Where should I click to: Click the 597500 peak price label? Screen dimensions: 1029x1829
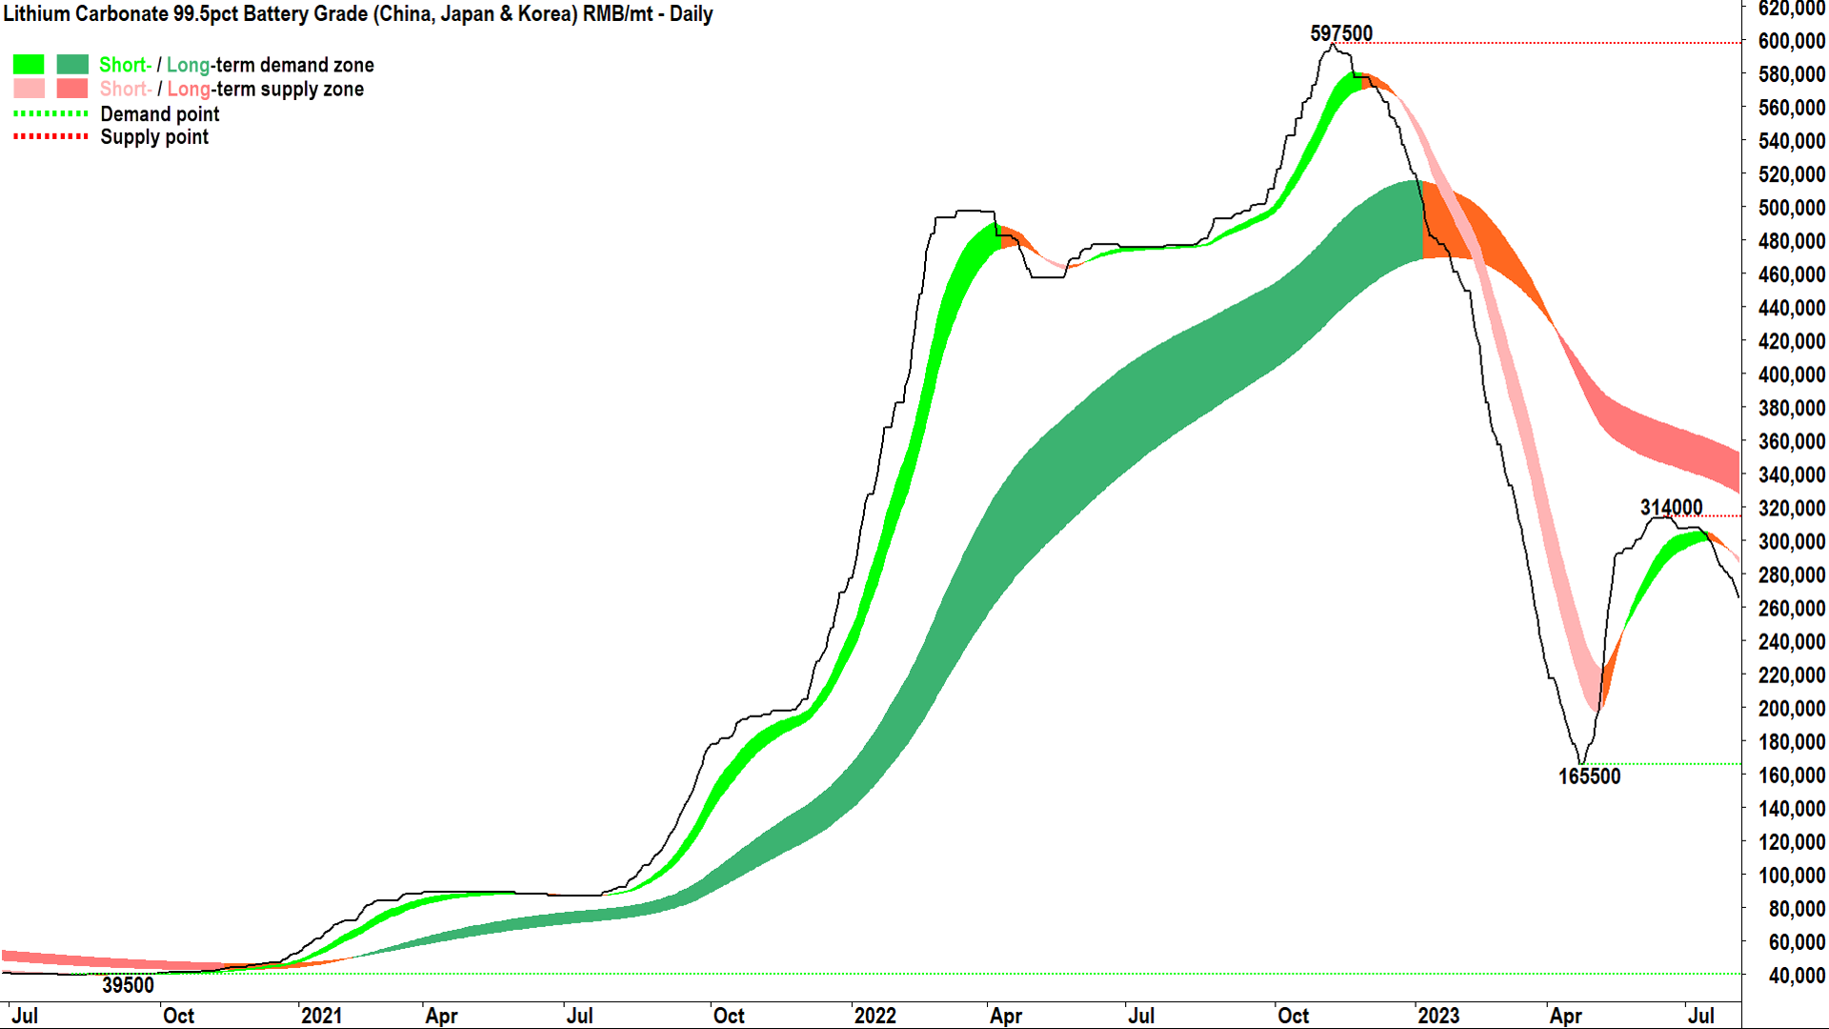[1340, 33]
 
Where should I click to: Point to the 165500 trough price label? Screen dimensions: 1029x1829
[1588, 777]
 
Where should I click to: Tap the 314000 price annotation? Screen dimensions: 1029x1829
[1671, 507]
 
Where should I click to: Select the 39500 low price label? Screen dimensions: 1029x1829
[128, 985]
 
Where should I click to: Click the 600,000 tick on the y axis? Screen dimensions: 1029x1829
[1791, 41]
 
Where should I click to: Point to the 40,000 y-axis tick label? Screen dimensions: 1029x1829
[1796, 975]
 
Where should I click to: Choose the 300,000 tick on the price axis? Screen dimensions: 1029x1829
[1791, 541]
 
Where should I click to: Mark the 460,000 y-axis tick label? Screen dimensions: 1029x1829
[1791, 274]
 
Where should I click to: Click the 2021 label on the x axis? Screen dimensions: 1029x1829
[321, 1016]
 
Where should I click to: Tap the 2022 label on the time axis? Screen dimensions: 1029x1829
[874, 1016]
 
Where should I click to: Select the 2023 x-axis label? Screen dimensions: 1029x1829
[1437, 1016]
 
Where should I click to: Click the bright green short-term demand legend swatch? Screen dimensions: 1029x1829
[29, 65]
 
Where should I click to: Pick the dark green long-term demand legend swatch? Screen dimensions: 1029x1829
[72, 65]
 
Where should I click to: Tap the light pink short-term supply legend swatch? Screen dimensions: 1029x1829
[29, 89]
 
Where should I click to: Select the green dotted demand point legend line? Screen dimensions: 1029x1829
[50, 113]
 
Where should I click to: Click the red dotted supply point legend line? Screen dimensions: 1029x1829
[50, 137]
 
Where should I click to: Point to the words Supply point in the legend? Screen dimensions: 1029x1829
[154, 137]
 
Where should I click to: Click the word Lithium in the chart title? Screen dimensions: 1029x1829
[36, 14]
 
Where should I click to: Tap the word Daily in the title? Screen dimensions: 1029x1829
[691, 14]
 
